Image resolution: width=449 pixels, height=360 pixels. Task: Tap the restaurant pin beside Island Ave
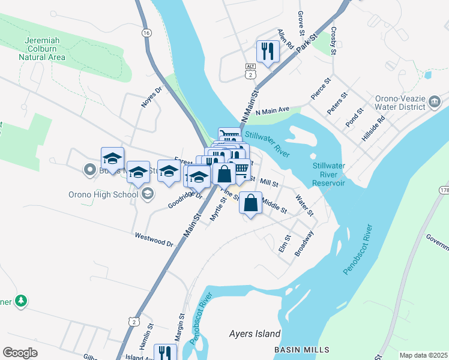(x=165, y=353)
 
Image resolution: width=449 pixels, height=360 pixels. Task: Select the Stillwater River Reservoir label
(x=328, y=174)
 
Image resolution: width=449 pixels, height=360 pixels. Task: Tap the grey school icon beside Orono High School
(x=148, y=193)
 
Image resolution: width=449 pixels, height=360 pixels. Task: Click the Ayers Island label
(x=255, y=334)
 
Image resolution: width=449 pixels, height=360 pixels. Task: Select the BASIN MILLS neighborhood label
(x=301, y=349)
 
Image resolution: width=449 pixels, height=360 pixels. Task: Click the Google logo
(x=20, y=353)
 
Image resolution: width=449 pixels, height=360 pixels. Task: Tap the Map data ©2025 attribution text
(x=423, y=355)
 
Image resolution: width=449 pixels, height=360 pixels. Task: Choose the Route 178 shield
(x=444, y=190)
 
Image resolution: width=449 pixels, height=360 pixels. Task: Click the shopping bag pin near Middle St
(x=251, y=203)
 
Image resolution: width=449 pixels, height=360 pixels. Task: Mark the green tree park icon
(x=21, y=300)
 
